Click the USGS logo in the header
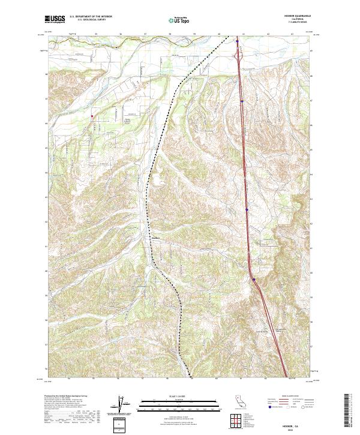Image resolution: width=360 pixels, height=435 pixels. [55, 19]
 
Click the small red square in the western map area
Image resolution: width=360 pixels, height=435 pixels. [92, 116]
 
